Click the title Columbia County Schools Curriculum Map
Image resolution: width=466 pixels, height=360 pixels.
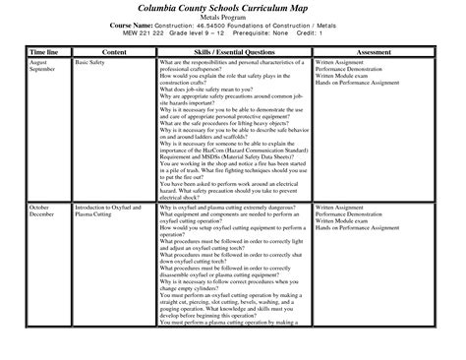click(232, 11)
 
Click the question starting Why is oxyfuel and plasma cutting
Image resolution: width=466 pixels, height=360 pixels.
click(226, 235)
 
